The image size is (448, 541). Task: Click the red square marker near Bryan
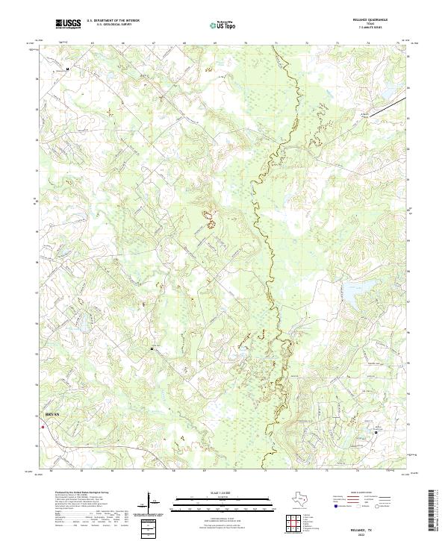click(43, 427)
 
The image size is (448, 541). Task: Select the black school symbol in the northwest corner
click(68, 69)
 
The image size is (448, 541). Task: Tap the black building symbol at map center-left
click(152, 348)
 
